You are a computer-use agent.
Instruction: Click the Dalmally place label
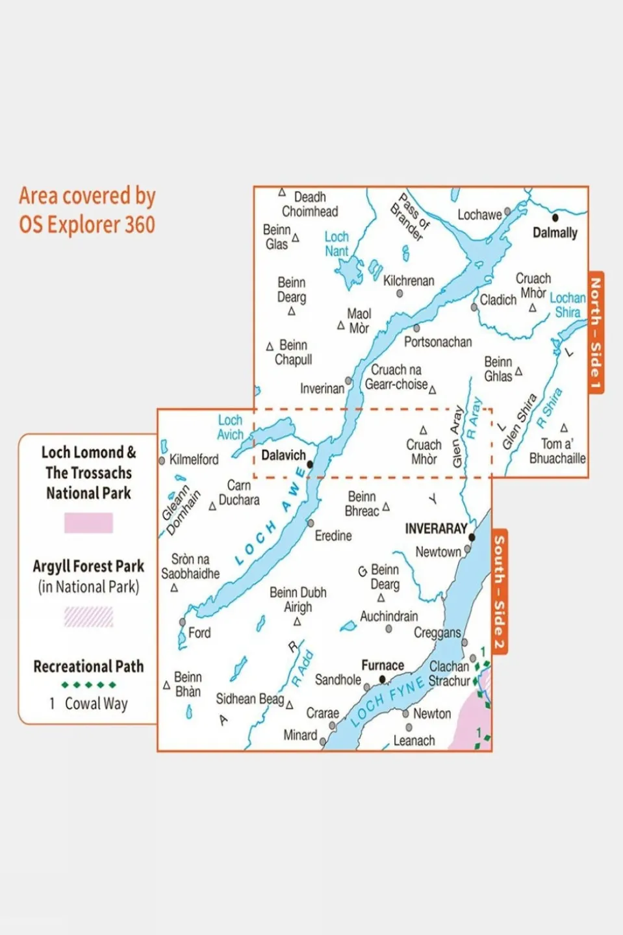click(554, 233)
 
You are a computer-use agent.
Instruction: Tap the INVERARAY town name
click(436, 529)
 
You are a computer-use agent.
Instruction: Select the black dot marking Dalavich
click(310, 465)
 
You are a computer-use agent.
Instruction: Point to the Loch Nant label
click(337, 244)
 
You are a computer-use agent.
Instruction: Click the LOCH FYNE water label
click(387, 700)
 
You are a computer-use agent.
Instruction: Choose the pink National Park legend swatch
click(88, 523)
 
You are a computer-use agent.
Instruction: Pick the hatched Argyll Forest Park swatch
click(88, 617)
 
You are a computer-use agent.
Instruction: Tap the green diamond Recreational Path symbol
click(88, 685)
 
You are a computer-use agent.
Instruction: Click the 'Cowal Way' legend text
click(96, 704)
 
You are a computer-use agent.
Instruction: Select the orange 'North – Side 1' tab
click(596, 333)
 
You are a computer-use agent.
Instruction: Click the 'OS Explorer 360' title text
click(87, 225)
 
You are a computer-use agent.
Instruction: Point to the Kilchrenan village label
click(409, 281)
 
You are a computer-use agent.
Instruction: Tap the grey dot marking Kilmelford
click(162, 461)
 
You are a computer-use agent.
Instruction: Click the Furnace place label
click(382, 665)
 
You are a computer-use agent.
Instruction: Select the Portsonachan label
click(438, 342)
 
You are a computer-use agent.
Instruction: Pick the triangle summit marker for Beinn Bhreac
click(386, 506)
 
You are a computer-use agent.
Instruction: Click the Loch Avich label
click(230, 428)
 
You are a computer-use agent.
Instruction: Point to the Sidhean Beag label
click(249, 699)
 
